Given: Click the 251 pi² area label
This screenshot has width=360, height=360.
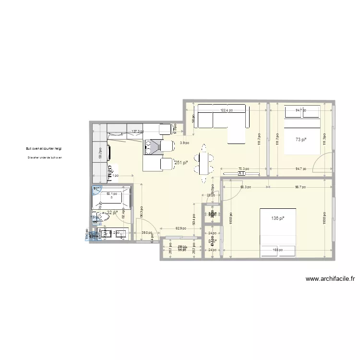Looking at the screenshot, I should (x=181, y=163).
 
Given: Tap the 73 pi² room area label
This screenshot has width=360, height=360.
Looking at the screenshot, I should (x=301, y=140).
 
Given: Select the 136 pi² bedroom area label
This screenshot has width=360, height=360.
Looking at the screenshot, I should (x=277, y=219).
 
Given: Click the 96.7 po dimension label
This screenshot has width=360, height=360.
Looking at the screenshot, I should (x=300, y=187).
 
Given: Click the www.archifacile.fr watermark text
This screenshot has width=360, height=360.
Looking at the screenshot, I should (x=329, y=278).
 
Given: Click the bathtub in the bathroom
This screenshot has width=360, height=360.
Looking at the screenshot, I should (x=111, y=197).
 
